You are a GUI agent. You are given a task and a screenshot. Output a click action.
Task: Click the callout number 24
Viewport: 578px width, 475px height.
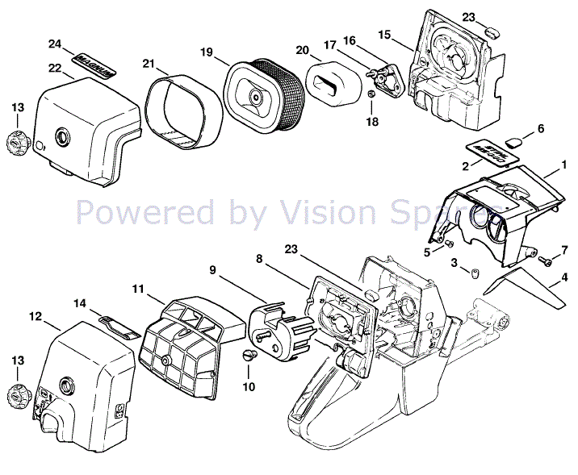[55, 44]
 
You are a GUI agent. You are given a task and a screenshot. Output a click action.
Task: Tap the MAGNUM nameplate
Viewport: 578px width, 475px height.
[94, 65]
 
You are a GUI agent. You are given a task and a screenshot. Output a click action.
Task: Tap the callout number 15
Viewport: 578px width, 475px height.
[384, 34]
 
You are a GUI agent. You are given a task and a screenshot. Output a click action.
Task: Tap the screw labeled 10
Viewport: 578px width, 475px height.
[249, 356]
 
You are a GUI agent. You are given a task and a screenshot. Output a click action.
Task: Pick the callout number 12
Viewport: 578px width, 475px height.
[36, 316]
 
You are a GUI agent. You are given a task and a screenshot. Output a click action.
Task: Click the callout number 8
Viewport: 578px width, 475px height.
[260, 259]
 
